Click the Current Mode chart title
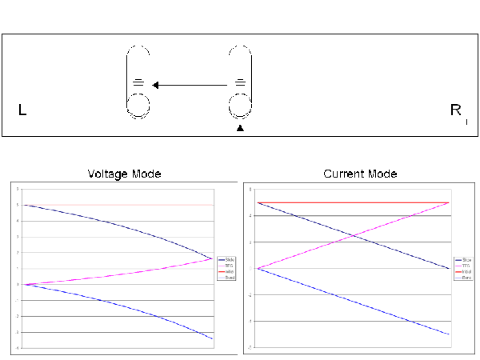point(359,174)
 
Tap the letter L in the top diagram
point(22,111)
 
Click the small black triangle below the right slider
point(240,127)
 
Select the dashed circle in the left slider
point(138,105)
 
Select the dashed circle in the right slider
point(240,105)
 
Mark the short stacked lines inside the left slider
point(138,82)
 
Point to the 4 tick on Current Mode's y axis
point(251,216)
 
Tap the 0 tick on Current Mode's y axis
point(251,269)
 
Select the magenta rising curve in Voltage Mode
point(120,274)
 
